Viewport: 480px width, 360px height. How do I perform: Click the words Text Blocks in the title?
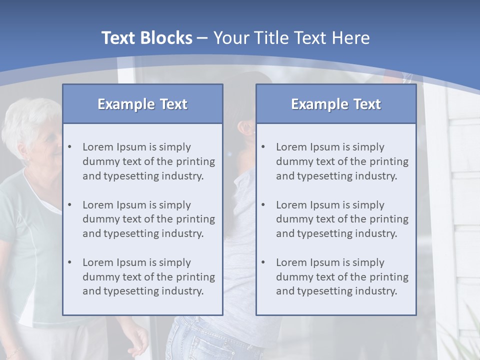(x=146, y=38)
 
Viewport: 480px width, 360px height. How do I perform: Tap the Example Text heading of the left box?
(x=142, y=104)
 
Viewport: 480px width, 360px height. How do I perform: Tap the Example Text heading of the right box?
(x=336, y=104)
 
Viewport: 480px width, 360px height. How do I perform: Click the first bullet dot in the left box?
(x=69, y=147)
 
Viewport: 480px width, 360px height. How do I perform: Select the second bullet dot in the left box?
(x=69, y=205)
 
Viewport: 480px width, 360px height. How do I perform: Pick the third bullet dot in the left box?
(x=69, y=262)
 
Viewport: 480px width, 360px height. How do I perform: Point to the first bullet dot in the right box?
(x=263, y=147)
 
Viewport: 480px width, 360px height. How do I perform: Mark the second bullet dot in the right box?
(x=263, y=205)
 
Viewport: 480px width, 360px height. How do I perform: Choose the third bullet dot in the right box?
(x=263, y=262)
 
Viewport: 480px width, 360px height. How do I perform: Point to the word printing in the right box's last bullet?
(x=389, y=277)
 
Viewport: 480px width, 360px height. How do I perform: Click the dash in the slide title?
(x=203, y=38)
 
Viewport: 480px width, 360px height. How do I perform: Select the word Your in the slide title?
(x=231, y=38)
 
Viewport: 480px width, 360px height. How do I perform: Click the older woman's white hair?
(x=27, y=117)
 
